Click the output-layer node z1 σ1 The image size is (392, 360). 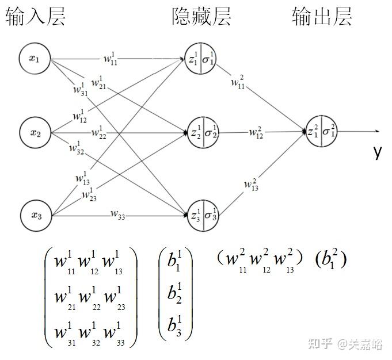(x=321, y=132)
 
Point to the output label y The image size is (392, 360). (x=377, y=152)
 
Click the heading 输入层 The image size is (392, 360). (x=36, y=17)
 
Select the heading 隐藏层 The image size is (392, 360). (x=201, y=17)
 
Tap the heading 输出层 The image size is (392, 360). (x=322, y=17)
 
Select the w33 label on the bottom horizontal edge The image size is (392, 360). (x=119, y=216)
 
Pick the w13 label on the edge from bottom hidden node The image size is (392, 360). (x=251, y=185)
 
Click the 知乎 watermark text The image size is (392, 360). (x=321, y=344)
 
